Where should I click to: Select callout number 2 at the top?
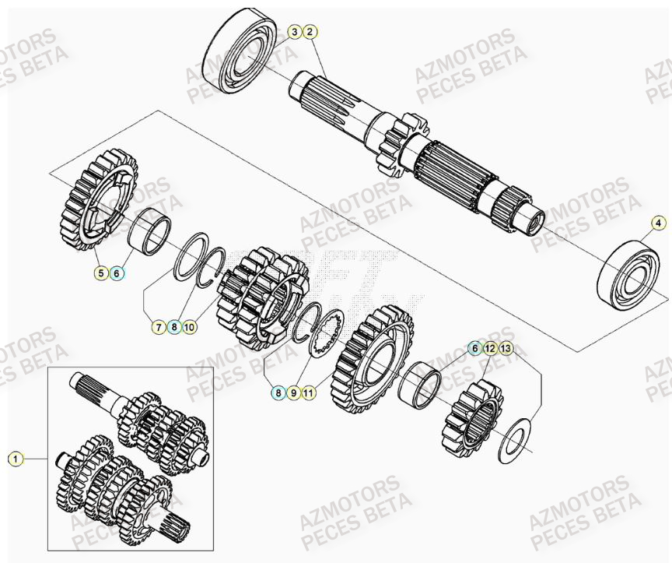click(310, 32)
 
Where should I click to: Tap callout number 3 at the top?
click(294, 32)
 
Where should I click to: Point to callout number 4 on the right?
click(658, 223)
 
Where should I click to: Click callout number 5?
click(101, 273)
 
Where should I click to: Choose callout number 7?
click(158, 327)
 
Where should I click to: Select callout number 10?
click(190, 327)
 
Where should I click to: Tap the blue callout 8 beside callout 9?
click(278, 393)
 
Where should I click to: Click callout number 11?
click(309, 393)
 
